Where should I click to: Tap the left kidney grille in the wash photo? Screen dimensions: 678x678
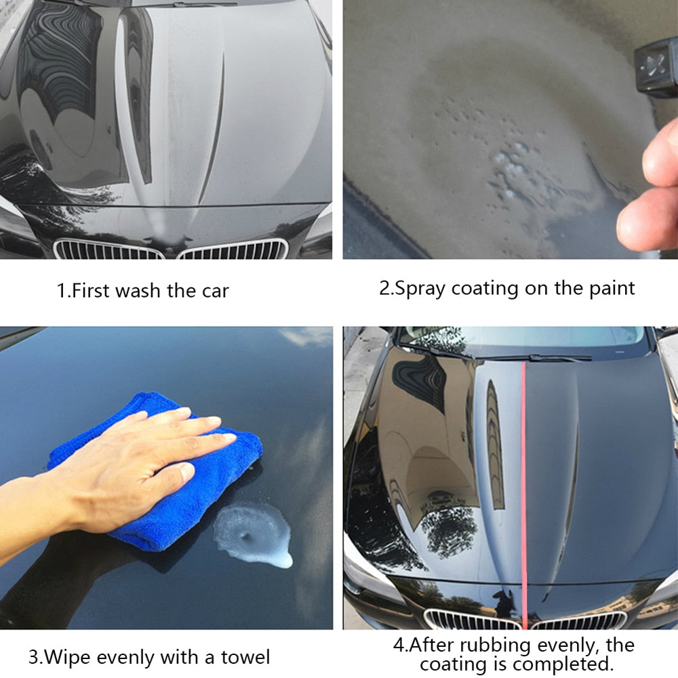pyautogui.click(x=108, y=250)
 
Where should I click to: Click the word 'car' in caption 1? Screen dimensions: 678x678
pyautogui.click(x=214, y=291)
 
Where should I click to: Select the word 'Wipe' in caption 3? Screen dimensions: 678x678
pyautogui.click(x=71, y=656)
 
